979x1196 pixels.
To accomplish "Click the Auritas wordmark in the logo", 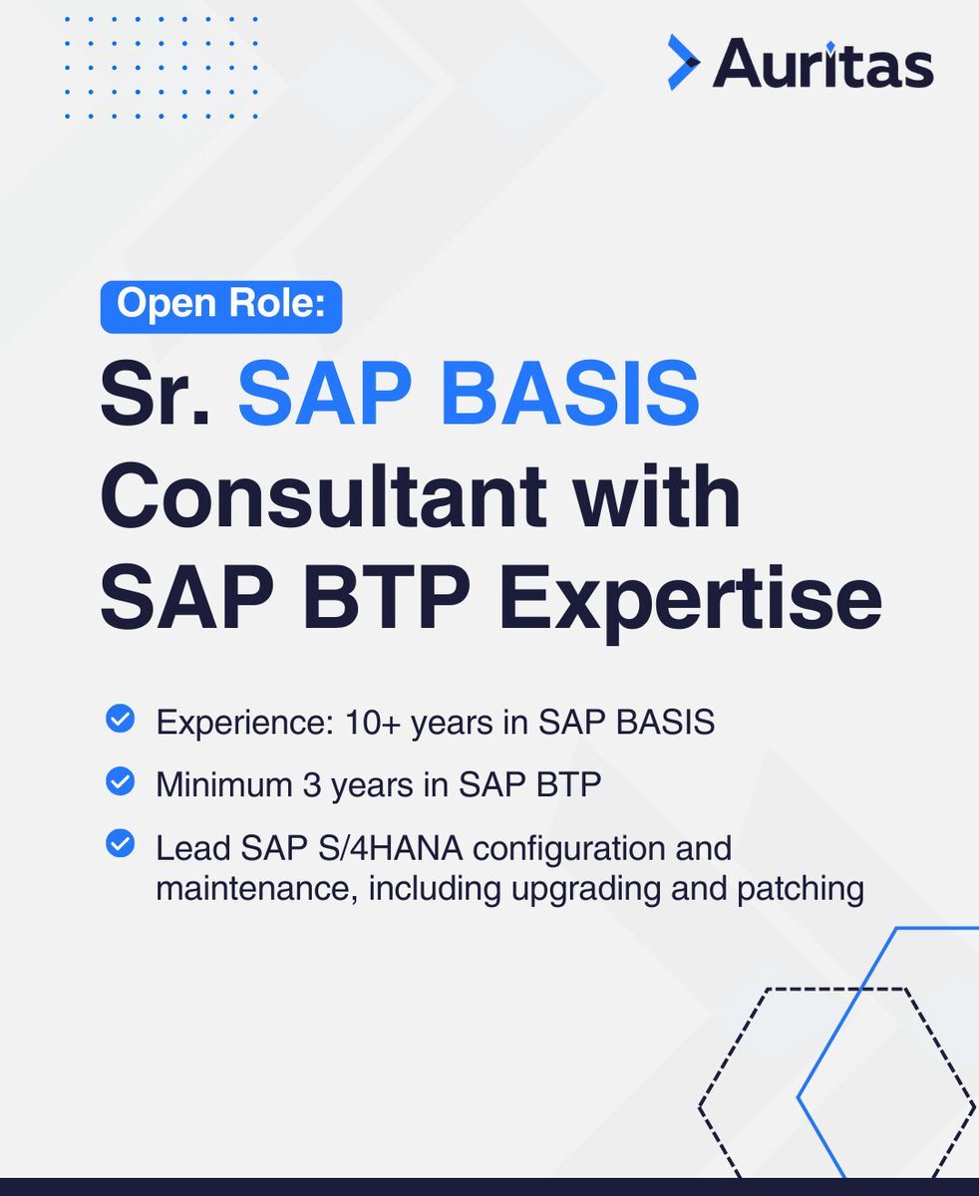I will pos(823,64).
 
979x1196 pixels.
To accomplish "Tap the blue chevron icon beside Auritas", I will pos(683,63).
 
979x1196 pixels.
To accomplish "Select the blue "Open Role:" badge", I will pos(221,306).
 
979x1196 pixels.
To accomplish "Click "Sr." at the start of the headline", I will pos(155,395).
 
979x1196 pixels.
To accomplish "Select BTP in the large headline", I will pos(392,598).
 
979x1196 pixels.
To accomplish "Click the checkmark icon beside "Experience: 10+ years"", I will pos(120,720).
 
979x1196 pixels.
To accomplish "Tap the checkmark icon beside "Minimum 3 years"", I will pos(120,783).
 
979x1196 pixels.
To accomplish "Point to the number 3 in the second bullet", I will pos(311,785).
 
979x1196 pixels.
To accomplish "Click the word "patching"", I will pos(801,887).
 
